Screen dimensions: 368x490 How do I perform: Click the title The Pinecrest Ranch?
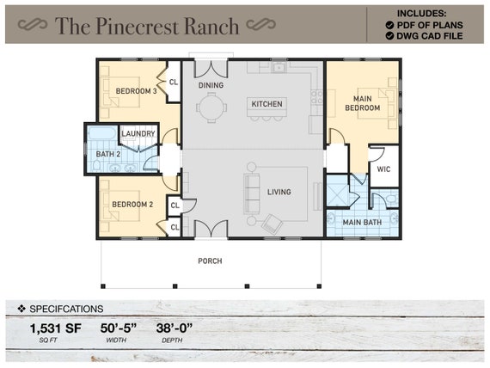(x=147, y=26)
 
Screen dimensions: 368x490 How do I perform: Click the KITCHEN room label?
(x=266, y=104)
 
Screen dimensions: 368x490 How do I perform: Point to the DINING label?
(x=211, y=86)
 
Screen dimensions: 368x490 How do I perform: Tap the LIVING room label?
(x=279, y=192)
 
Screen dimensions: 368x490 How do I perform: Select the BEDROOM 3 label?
(x=130, y=91)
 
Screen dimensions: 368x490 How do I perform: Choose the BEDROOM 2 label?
(x=132, y=205)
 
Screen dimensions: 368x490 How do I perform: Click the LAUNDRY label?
(x=138, y=134)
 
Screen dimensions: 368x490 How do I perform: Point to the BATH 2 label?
(x=107, y=154)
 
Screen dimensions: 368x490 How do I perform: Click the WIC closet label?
(x=383, y=169)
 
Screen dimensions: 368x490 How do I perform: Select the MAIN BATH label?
(x=362, y=223)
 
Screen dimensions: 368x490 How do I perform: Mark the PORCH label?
(x=209, y=261)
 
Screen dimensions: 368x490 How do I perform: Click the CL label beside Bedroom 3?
(x=174, y=83)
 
